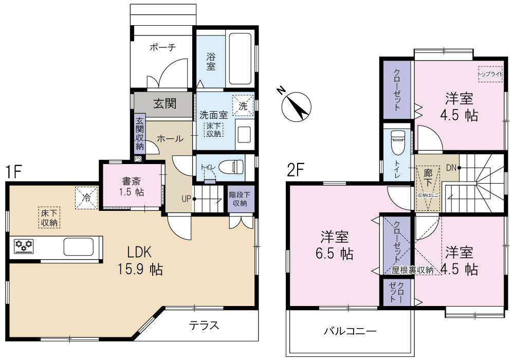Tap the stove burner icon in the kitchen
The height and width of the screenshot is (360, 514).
pyautogui.click(x=22, y=246)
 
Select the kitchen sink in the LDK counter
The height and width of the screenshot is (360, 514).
pyautogui.click(x=78, y=246)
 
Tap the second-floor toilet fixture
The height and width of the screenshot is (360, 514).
pyautogui.click(x=398, y=143)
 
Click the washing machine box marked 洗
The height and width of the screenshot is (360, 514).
pyautogui.click(x=243, y=105)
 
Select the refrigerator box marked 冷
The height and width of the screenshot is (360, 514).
pyautogui.click(x=86, y=197)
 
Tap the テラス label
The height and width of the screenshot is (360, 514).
pyautogui.click(x=204, y=326)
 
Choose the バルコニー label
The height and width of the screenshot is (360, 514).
pyautogui.click(x=351, y=331)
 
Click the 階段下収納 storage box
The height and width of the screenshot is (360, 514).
pyautogui.click(x=239, y=199)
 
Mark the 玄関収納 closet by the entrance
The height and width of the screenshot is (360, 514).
pyautogui.click(x=139, y=134)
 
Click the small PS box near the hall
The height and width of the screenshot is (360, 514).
pyautogui.click(x=138, y=159)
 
